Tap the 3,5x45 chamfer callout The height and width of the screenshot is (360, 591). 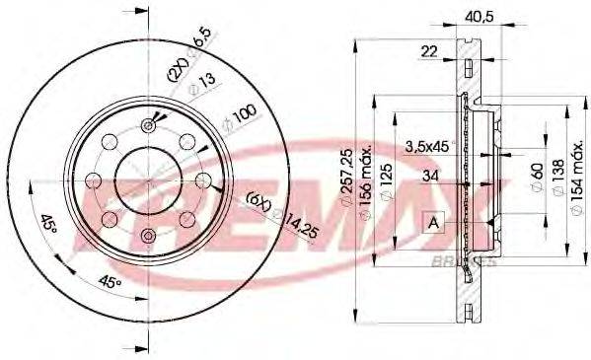[425, 147]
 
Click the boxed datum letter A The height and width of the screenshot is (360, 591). [433, 224]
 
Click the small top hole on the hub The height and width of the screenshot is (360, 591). [149, 124]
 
